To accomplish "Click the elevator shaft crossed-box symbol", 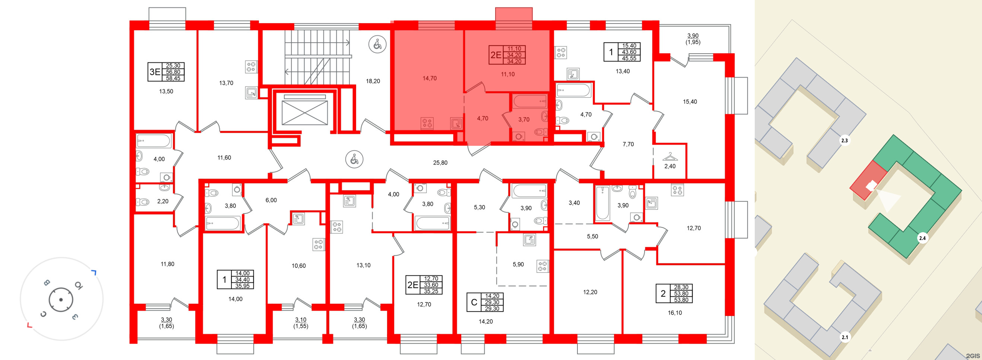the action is (x=305, y=113).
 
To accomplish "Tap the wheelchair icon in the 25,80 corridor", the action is (x=354, y=160).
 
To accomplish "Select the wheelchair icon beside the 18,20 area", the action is (x=377, y=45).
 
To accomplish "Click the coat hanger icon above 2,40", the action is (x=670, y=157).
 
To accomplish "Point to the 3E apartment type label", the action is (x=155, y=72).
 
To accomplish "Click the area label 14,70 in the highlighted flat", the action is (x=430, y=78).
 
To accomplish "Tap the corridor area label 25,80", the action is (x=440, y=163).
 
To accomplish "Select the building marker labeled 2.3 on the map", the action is (x=845, y=141).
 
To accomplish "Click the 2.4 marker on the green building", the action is (x=922, y=239).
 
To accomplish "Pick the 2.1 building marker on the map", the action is (x=845, y=337).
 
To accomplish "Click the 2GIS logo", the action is (x=973, y=356).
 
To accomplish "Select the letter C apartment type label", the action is (x=474, y=302).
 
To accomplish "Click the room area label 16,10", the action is (x=675, y=313).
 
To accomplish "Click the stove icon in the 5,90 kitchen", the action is (x=542, y=266).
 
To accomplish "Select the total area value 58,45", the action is (x=173, y=78).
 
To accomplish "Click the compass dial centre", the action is (x=61, y=300).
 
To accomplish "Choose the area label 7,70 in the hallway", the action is (x=628, y=144).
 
